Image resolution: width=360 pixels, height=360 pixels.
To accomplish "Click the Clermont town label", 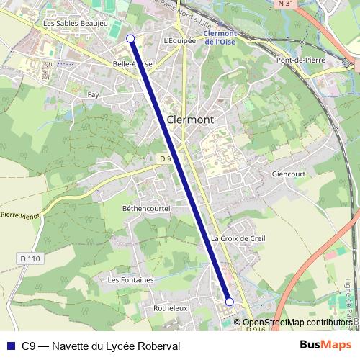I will pos(190,120).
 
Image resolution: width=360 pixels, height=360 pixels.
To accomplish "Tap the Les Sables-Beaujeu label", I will pos(75,24).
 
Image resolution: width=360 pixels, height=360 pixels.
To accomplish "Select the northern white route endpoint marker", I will pos(130,38).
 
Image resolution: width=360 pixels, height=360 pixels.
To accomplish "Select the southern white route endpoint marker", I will pos(230,302).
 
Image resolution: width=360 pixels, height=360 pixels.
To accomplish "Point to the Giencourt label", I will pos(289,174).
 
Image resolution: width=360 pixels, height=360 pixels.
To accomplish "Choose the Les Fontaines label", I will pos(130,279).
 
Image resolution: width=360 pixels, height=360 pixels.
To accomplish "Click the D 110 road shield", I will pos(29,258).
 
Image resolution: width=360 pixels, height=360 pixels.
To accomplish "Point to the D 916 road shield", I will pos(255,329).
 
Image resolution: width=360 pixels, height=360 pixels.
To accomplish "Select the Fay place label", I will pos(93,94).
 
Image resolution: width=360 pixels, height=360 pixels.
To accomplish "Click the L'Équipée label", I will pos(179,40).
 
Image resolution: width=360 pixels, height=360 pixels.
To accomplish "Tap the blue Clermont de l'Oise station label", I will pos(220,37).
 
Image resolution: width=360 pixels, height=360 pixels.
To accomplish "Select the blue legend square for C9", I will pos(11,346).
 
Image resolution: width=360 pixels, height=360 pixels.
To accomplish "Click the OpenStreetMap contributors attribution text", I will pos(297,323).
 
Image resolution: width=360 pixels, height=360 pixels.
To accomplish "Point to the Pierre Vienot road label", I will pos(19,215).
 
